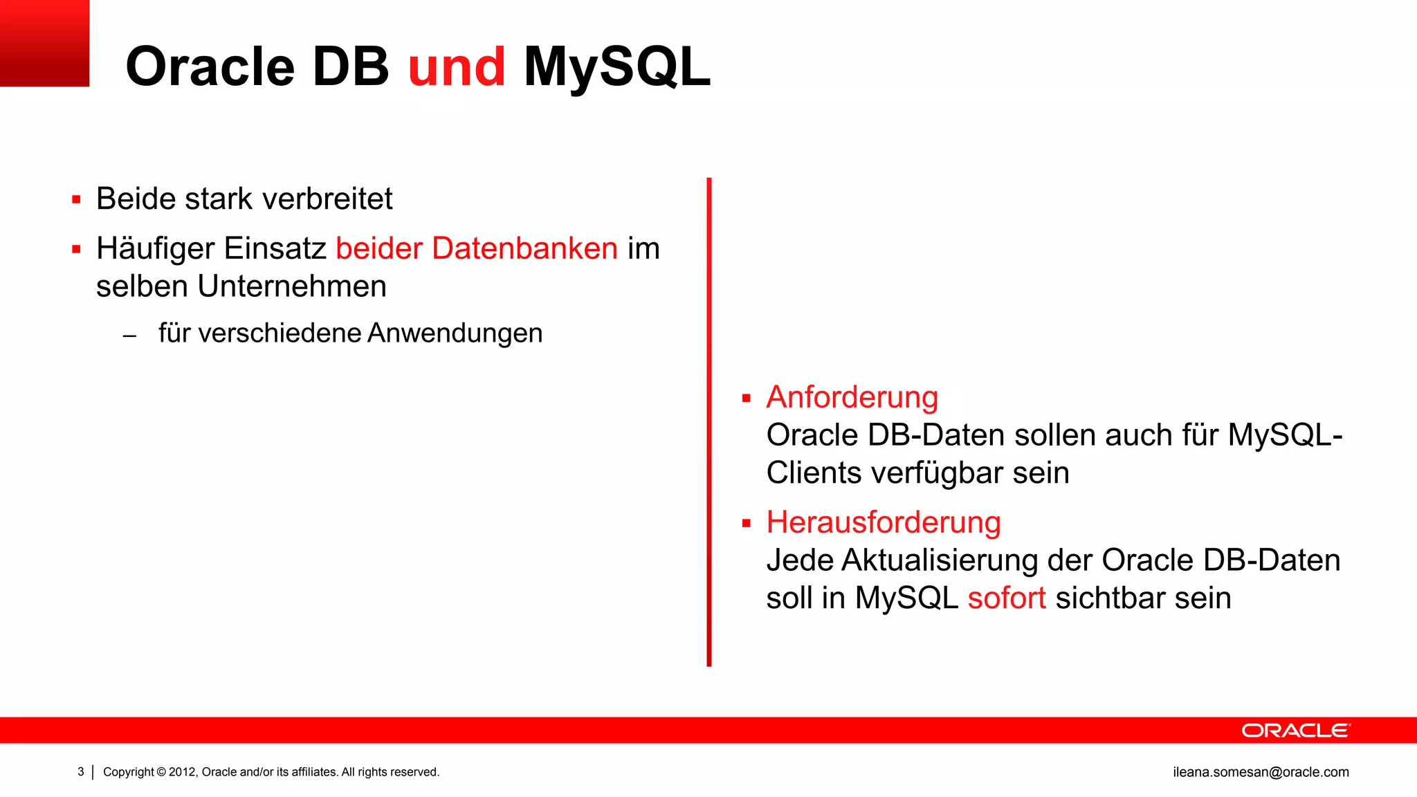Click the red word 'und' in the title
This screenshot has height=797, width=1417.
pyautogui.click(x=457, y=67)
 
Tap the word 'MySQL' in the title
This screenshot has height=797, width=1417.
pyautogui.click(x=616, y=67)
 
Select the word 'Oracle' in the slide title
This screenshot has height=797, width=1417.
pyautogui.click(x=210, y=67)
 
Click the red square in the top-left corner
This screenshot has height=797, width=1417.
pyautogui.click(x=44, y=43)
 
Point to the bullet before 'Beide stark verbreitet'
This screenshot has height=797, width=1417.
pyautogui.click(x=76, y=201)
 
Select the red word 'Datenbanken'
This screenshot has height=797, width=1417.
pyautogui.click(x=524, y=248)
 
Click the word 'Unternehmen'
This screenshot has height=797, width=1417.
pyautogui.click(x=291, y=286)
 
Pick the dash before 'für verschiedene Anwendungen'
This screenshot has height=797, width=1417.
pyautogui.click(x=129, y=337)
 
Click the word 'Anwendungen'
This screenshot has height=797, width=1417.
pyautogui.click(x=455, y=333)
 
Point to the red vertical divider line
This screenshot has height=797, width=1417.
pyautogui.click(x=709, y=422)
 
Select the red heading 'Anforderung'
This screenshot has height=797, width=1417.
pyautogui.click(x=852, y=398)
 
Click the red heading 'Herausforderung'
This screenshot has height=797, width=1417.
pyautogui.click(x=884, y=522)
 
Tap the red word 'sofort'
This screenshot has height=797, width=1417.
pyautogui.click(x=1006, y=598)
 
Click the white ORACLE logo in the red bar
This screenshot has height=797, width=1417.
pyautogui.click(x=1295, y=731)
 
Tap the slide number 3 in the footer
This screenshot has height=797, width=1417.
pyautogui.click(x=81, y=772)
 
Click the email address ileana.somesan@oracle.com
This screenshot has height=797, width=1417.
pyautogui.click(x=1261, y=772)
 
